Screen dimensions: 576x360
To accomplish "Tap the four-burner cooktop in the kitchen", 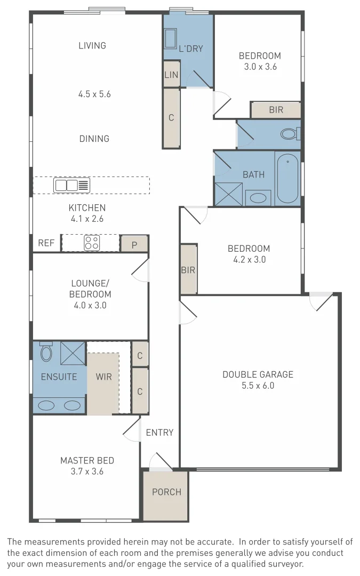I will pyautogui.click(x=92, y=243).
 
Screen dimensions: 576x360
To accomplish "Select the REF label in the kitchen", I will pyautogui.click(x=46, y=243).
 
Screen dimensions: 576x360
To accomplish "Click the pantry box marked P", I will pyautogui.click(x=134, y=244).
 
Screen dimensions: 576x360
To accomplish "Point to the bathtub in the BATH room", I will pyautogui.click(x=287, y=179).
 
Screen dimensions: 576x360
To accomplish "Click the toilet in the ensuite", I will pyautogui.click(x=46, y=351).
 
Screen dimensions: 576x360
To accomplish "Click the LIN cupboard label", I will pyautogui.click(x=171, y=75).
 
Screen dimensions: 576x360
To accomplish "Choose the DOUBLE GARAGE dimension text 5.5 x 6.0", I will pyautogui.click(x=258, y=386).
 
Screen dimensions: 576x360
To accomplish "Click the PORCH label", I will pyautogui.click(x=166, y=492).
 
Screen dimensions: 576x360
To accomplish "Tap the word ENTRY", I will pyautogui.click(x=159, y=433).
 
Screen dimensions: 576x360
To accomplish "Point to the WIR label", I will pyautogui.click(x=103, y=377).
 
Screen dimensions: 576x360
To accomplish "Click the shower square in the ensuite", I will pyautogui.click(x=73, y=352).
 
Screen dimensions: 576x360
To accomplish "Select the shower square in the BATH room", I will pyautogui.click(x=229, y=194).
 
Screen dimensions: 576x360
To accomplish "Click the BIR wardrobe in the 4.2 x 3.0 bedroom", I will pyautogui.click(x=188, y=270).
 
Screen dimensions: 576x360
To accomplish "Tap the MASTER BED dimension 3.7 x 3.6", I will pyautogui.click(x=87, y=471).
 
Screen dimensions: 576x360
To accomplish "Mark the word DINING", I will pyautogui.click(x=94, y=139).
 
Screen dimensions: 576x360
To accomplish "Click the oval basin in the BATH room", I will pyautogui.click(x=259, y=198).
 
